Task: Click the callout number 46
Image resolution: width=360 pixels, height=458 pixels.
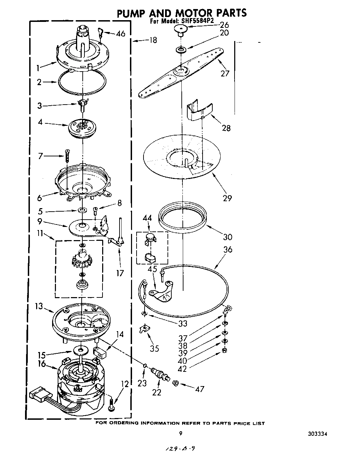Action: pos(121,34)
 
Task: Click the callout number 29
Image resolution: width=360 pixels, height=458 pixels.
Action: pos(228,198)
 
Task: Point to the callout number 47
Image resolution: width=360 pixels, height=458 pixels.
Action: pos(200,389)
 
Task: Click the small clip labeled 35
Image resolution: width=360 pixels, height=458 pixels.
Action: pos(143,328)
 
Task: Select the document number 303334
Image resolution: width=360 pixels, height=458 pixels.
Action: pos(318,434)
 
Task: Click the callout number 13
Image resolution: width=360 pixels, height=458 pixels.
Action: pos(39,306)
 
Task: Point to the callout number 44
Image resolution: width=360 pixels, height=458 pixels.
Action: pos(147,218)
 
